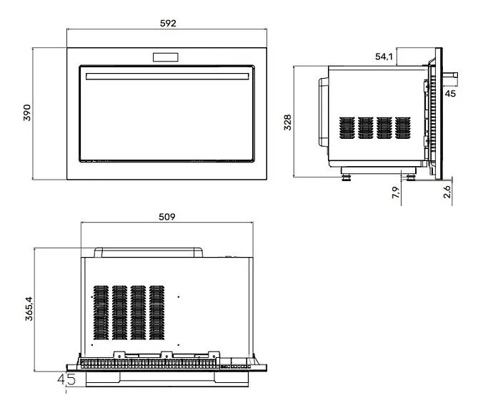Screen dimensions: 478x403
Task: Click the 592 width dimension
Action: click(x=168, y=23)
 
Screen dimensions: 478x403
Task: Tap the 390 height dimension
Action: click(x=27, y=112)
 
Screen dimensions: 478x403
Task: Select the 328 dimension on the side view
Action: click(x=287, y=122)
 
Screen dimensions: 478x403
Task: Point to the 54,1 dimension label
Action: click(x=384, y=57)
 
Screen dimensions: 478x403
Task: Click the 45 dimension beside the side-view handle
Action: click(x=450, y=94)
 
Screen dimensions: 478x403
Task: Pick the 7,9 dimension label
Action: click(x=396, y=193)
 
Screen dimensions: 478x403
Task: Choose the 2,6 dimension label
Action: click(x=447, y=192)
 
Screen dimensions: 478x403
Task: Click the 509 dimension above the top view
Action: click(x=167, y=217)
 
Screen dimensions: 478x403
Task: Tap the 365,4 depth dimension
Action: click(x=29, y=309)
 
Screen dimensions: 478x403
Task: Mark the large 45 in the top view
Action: click(x=66, y=379)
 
